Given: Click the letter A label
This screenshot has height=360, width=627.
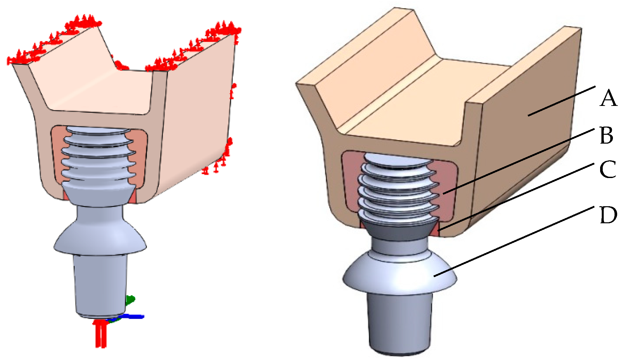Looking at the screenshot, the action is [x=608, y=98].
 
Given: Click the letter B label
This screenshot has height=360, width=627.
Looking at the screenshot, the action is [x=607, y=135].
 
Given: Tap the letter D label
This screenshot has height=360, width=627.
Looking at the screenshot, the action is [x=608, y=215].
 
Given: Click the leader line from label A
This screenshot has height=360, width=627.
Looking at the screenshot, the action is [x=561, y=101].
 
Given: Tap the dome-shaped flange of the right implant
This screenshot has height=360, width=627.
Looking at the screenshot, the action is [x=400, y=272].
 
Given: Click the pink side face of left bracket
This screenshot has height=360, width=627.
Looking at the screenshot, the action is [x=197, y=115].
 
